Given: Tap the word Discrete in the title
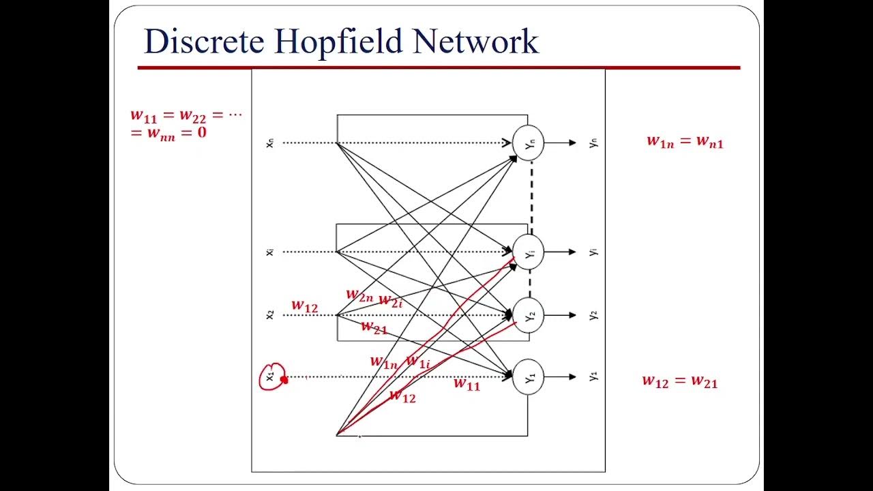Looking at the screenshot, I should pyautogui.click(x=204, y=42).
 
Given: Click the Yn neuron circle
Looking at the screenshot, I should pyautogui.click(x=529, y=143).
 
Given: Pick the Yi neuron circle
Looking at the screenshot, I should pyautogui.click(x=529, y=252).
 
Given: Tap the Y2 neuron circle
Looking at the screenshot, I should pyautogui.click(x=529, y=315).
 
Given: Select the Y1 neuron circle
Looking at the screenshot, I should pyautogui.click(x=529, y=376).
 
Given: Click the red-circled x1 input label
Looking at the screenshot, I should pyautogui.click(x=270, y=376).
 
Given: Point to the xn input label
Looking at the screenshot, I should pyautogui.click(x=270, y=143).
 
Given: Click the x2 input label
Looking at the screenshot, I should pyautogui.click(x=270, y=314).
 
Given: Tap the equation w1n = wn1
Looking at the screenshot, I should pyautogui.click(x=685, y=142).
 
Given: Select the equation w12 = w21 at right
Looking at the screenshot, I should pyautogui.click(x=679, y=381).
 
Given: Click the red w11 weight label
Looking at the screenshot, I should pyautogui.click(x=467, y=385).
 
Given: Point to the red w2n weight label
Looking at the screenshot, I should pyautogui.click(x=359, y=295).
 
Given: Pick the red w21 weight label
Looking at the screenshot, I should pyautogui.click(x=374, y=327).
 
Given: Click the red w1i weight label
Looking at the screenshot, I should pyautogui.click(x=418, y=362).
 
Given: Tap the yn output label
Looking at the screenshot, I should pyautogui.click(x=593, y=143).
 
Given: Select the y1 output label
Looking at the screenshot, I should pyautogui.click(x=593, y=376).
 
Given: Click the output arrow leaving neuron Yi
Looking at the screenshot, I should pyautogui.click(x=561, y=252).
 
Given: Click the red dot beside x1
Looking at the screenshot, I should pyautogui.click(x=284, y=380).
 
